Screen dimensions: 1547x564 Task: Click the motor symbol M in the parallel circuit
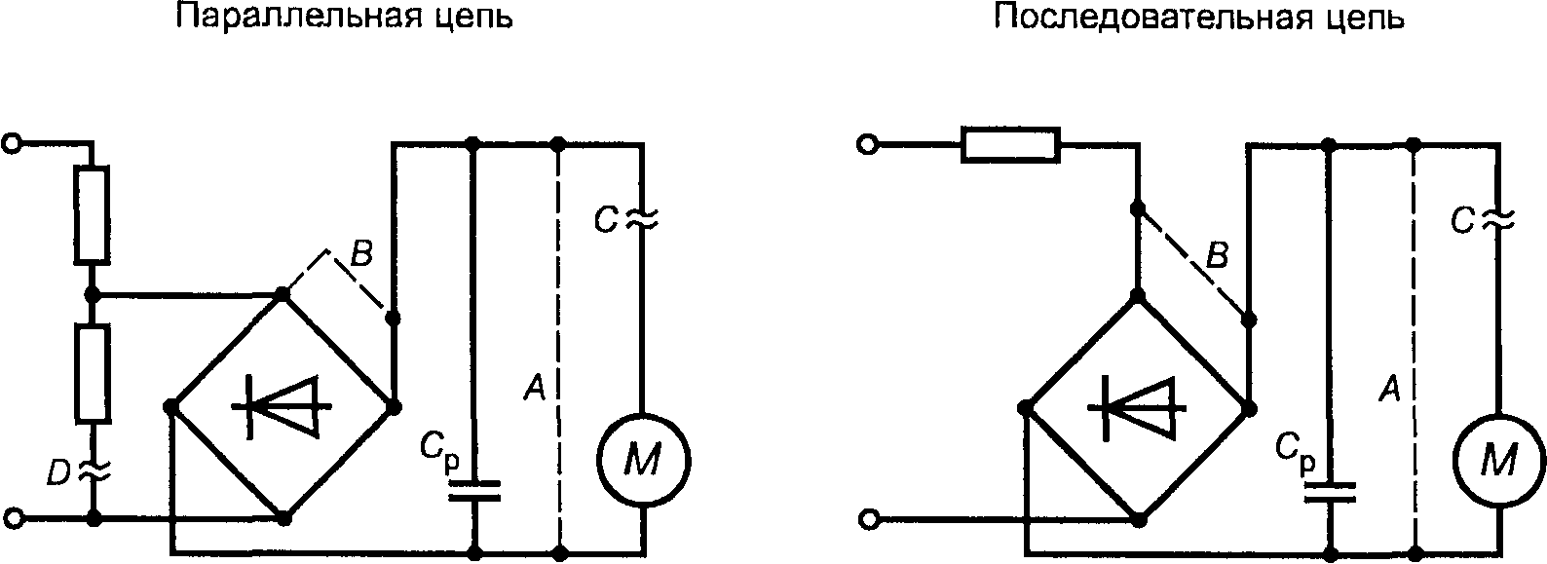click(644, 461)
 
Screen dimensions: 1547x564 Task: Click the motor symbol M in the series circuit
click(1498, 461)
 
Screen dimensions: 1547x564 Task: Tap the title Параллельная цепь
click(345, 18)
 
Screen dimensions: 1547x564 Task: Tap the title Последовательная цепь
click(1199, 18)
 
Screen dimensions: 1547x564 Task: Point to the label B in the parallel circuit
click(361, 255)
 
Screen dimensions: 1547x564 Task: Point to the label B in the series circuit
click(1217, 256)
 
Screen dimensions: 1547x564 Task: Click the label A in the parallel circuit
click(535, 388)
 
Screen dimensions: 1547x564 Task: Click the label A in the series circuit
click(1389, 388)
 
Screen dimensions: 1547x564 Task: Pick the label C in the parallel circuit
click(606, 220)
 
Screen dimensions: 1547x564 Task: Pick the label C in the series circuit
click(1462, 220)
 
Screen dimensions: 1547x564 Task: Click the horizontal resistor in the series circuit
click(1010, 145)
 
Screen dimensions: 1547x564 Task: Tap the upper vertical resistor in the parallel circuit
click(92, 214)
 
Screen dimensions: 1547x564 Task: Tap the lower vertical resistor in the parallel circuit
click(93, 373)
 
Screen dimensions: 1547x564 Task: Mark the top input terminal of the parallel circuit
click(13, 144)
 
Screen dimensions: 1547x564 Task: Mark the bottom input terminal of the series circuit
click(867, 519)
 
